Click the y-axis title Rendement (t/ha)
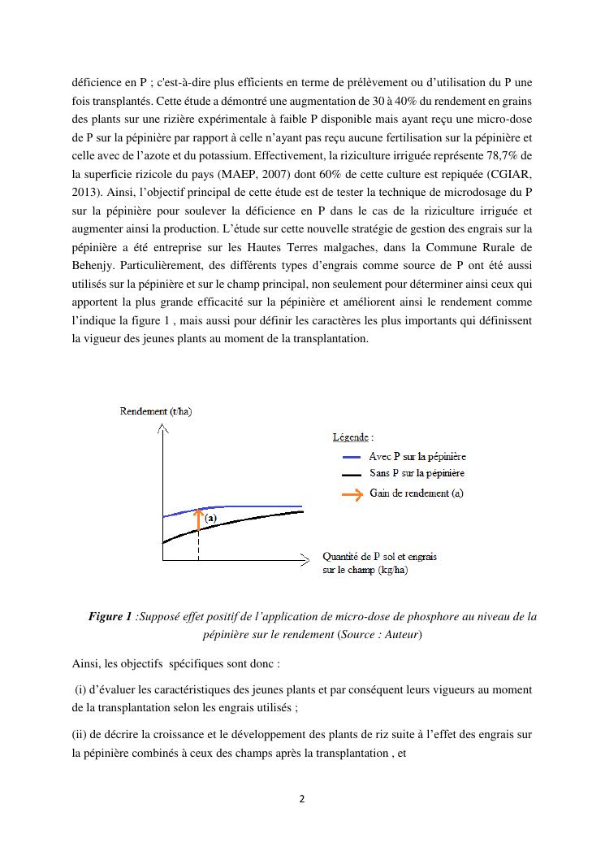tap(156, 411)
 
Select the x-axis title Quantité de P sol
tap(379, 563)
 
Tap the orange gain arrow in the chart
tap(198, 519)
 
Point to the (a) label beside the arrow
tap(210, 518)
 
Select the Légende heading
tap(353, 437)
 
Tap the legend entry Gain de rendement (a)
tap(417, 493)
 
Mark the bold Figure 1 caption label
tap(110, 617)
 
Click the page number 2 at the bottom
tap(302, 799)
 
